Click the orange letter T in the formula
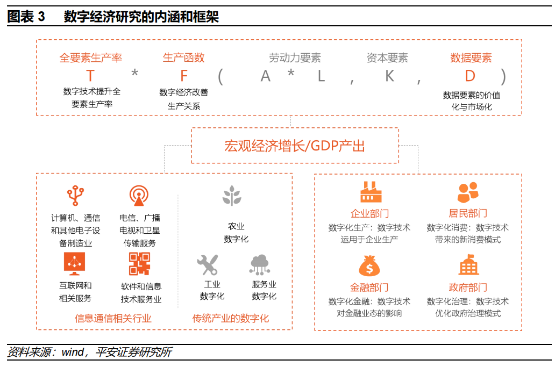point(91,75)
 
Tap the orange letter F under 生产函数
point(184,75)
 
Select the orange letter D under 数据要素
point(471,75)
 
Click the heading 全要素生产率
point(91,58)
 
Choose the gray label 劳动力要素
point(295,58)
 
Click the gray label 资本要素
point(387,58)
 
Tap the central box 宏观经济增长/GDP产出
point(295,146)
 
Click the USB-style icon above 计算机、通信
point(75,196)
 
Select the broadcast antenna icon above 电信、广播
point(139,196)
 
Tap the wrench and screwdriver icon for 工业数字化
point(207,264)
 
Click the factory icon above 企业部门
point(369,192)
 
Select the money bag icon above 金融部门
point(369,265)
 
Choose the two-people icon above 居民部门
point(468,192)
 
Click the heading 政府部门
point(468,287)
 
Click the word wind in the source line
point(72,352)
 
